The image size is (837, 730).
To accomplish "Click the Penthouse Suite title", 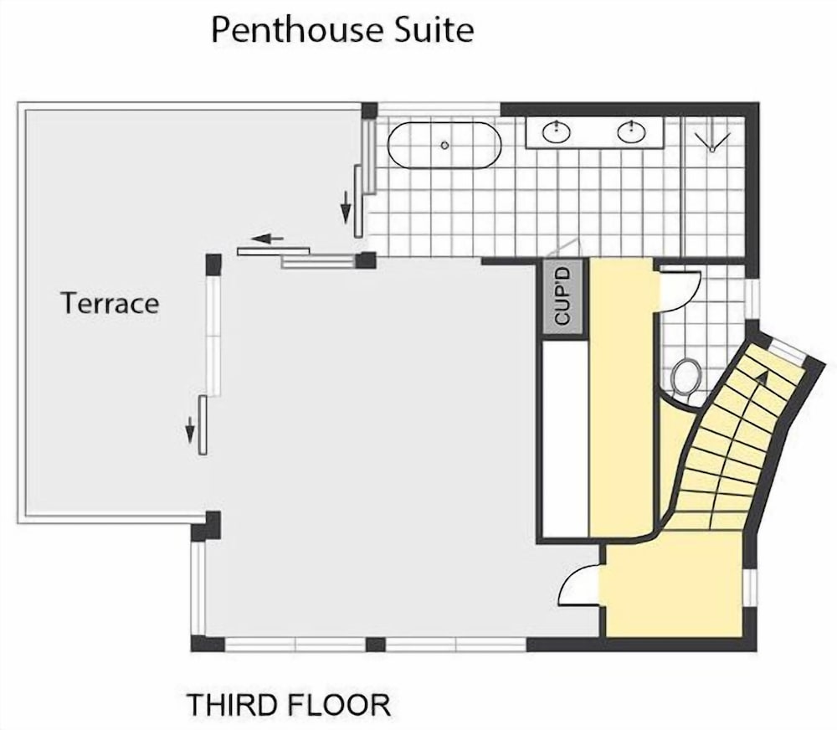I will tap(342, 30).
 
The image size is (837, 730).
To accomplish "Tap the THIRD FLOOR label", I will tap(288, 705).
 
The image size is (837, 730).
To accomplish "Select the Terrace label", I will tap(110, 303).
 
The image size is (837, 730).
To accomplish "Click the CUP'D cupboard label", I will tap(563, 300).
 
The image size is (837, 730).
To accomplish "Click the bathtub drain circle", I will tap(444, 146).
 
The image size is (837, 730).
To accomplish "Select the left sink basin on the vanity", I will tap(553, 131).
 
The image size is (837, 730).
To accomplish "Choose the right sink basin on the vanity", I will tap(632, 131).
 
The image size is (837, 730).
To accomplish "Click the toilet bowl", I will tap(686, 377).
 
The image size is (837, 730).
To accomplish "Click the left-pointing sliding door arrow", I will tap(269, 239).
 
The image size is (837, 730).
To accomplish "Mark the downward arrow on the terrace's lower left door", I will tap(190, 429).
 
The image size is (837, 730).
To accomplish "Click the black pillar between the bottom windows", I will tap(376, 644).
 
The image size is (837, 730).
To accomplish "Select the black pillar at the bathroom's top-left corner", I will tap(369, 111).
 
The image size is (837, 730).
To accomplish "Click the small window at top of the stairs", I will tap(787, 350).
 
